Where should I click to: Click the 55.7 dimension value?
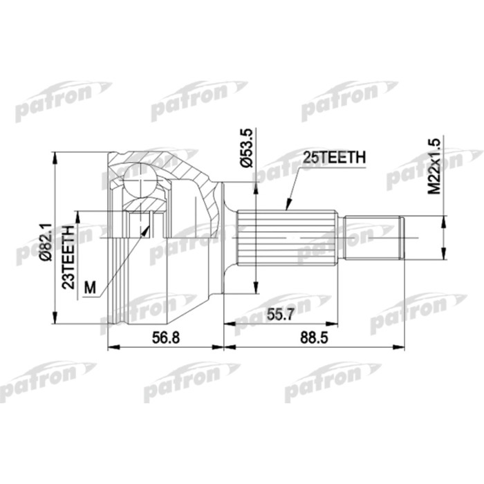280,315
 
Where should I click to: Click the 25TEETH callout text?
333,158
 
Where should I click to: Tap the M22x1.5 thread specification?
434,166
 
